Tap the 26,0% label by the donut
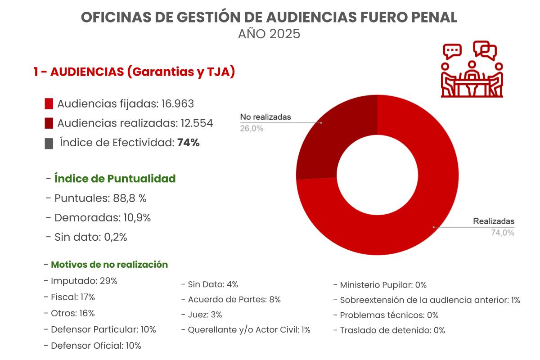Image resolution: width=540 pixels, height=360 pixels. point(252,129)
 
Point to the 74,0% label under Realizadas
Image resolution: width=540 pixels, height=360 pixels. point(503,233)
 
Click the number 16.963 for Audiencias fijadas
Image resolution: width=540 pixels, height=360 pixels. point(177,103)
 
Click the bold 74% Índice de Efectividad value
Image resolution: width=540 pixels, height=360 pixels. point(188,143)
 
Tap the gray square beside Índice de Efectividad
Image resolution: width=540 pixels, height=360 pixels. point(49,144)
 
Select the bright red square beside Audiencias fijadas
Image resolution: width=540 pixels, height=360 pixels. point(49,103)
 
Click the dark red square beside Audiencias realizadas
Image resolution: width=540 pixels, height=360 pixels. point(49,123)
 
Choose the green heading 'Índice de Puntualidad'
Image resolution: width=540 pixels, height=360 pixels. point(115,179)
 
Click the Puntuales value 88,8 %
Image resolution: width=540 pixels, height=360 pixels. point(130,198)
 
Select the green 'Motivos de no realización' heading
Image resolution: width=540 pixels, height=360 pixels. point(109,265)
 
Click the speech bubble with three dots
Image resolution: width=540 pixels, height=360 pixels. point(452,51)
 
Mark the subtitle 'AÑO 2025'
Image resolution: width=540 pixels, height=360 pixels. point(269,34)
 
